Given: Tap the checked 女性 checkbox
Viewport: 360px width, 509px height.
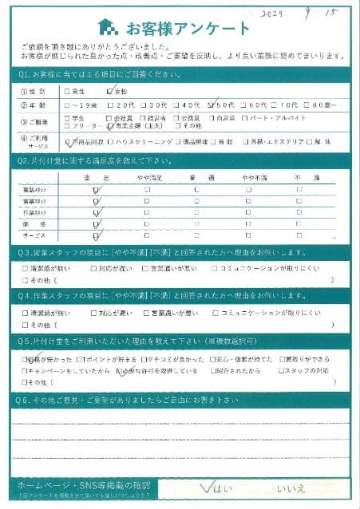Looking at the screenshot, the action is click(x=112, y=91).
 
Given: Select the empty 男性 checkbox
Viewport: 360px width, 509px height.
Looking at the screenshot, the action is click(x=68, y=92).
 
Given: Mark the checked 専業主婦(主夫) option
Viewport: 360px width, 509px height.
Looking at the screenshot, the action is click(x=110, y=125).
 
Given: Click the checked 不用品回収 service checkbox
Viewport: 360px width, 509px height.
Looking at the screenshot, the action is click(x=69, y=141).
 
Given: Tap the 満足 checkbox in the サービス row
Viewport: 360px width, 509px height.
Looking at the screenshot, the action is click(x=97, y=235).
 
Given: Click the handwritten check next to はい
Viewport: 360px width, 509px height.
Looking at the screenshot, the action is click(x=210, y=484).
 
